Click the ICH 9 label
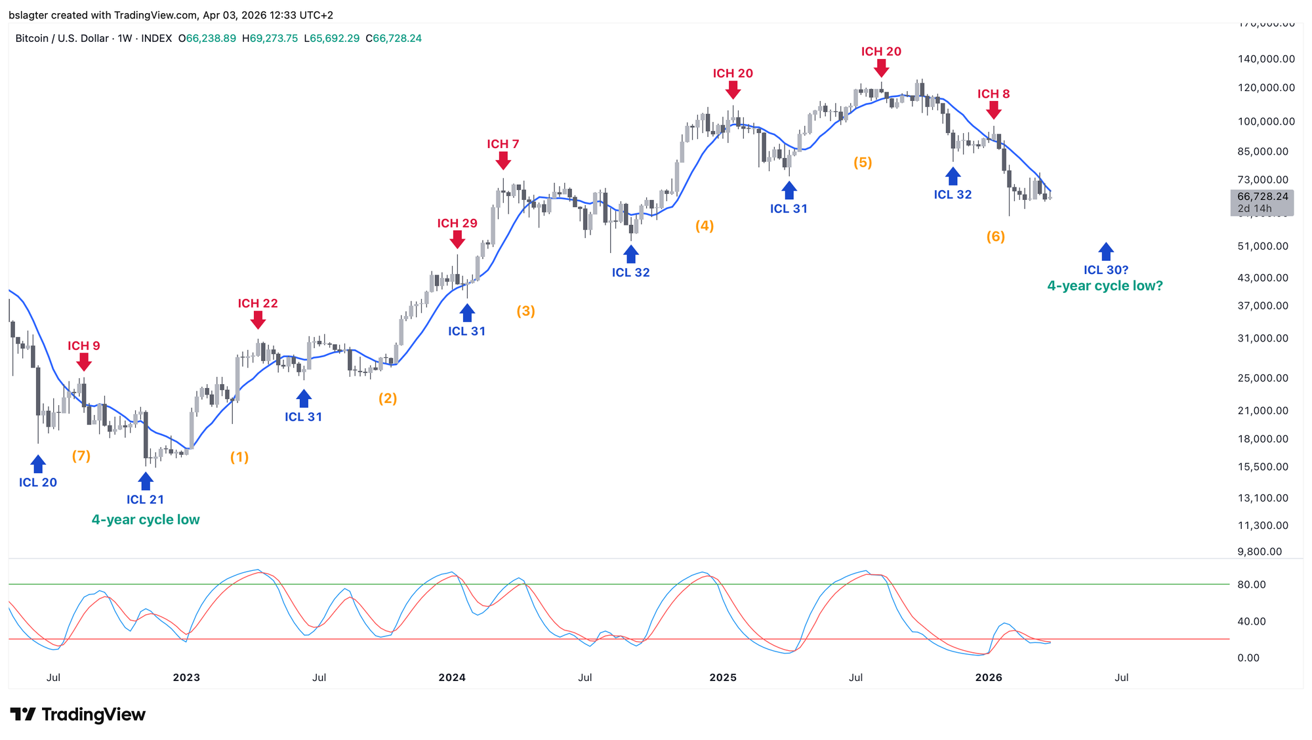click(84, 346)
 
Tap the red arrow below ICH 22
click(258, 320)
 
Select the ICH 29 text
click(457, 224)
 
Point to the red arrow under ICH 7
click(503, 161)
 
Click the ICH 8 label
click(994, 94)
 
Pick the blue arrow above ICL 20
click(38, 464)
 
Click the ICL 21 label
click(145, 499)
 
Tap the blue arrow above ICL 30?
click(1106, 252)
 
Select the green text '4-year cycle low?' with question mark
click(1105, 286)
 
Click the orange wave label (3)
click(525, 311)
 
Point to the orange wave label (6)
click(996, 237)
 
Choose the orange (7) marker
click(81, 456)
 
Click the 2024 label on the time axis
click(452, 678)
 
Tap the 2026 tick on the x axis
click(989, 678)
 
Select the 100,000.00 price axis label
click(1266, 121)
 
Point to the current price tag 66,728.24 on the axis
click(1262, 197)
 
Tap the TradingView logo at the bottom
click(78, 714)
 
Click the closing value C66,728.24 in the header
click(394, 39)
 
